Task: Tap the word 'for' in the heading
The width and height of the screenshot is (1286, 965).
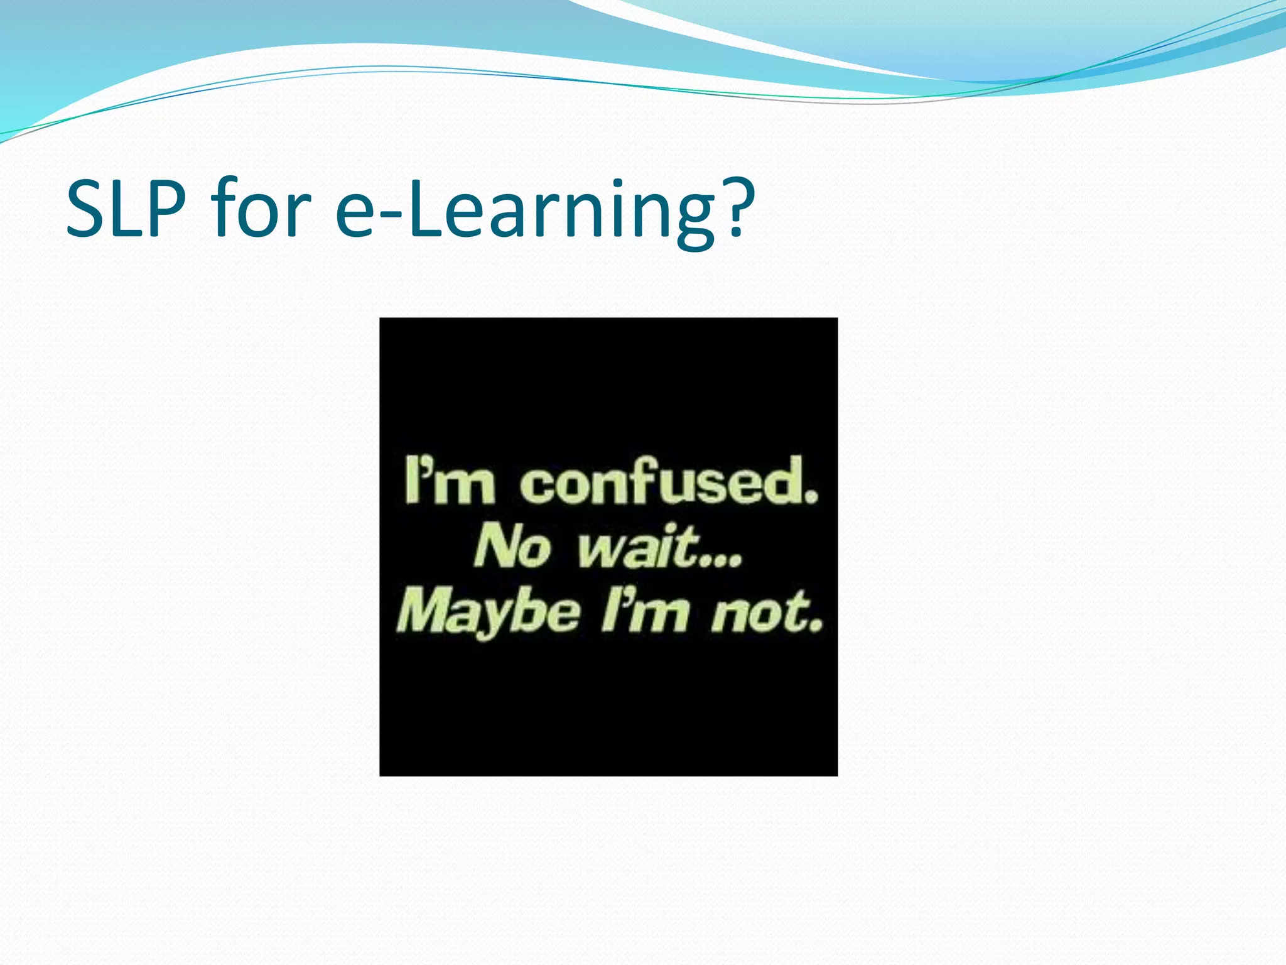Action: [261, 209]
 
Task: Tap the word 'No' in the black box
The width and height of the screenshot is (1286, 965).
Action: [512, 547]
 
